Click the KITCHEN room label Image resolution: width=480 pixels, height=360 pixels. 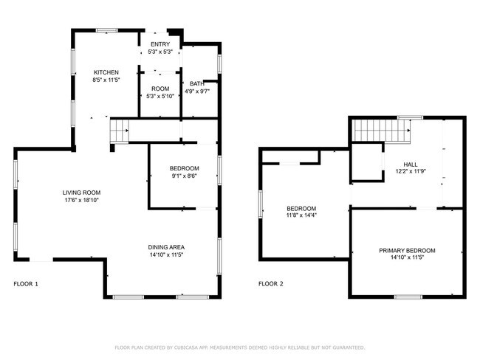[106, 72]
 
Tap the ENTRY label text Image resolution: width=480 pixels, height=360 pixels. [160, 45]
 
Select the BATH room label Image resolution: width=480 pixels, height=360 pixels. [197, 83]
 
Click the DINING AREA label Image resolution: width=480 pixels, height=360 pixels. [166, 247]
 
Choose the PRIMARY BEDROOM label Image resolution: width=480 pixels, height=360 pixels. [407, 251]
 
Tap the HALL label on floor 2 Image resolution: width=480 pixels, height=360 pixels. [411, 165]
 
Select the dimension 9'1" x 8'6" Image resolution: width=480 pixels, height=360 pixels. [185, 176]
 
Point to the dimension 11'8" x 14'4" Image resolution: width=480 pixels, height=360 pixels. [301, 216]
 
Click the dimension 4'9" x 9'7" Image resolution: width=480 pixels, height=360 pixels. [197, 91]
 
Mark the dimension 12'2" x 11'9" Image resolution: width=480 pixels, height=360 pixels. [411, 172]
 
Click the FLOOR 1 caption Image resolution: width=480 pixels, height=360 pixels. [26, 283]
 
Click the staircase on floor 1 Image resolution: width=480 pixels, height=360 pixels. [120, 131]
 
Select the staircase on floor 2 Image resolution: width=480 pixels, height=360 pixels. [380, 131]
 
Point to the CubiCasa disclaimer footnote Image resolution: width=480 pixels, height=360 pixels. [240, 347]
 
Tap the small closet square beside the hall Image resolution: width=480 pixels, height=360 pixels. [366, 162]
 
